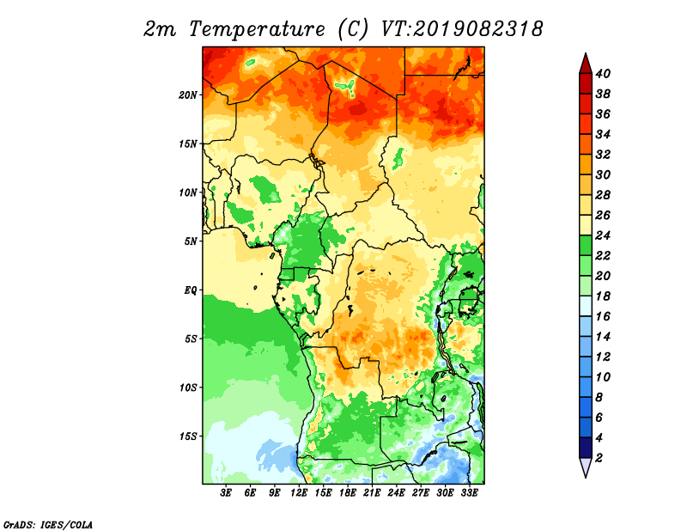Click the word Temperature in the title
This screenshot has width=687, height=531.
(x=257, y=30)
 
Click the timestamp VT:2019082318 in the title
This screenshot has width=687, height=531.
(x=462, y=29)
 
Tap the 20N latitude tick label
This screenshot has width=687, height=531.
(x=187, y=95)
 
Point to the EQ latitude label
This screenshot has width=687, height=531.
(x=191, y=290)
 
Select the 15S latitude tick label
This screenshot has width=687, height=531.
(x=188, y=436)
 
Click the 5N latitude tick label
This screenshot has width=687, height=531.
(x=191, y=241)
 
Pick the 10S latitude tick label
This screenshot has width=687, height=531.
(x=188, y=388)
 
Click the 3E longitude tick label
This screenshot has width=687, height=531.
(x=226, y=493)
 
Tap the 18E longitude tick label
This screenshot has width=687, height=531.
(x=348, y=493)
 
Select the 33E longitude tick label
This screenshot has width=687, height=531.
(x=469, y=493)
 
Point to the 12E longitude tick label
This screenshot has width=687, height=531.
(x=299, y=493)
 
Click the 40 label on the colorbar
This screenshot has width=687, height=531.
(x=603, y=74)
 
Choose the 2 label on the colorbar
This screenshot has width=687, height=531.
(x=599, y=458)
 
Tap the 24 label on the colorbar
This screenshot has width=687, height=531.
(x=603, y=235)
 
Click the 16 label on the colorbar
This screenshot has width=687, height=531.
(x=603, y=316)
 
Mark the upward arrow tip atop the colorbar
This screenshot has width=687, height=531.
(x=586, y=53)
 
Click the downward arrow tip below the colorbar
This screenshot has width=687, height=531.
(x=586, y=477)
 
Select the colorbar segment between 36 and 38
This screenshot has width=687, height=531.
(x=586, y=104)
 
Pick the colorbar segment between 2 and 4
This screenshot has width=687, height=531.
(x=586, y=448)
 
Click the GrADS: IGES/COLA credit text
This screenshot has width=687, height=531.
(x=48, y=524)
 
